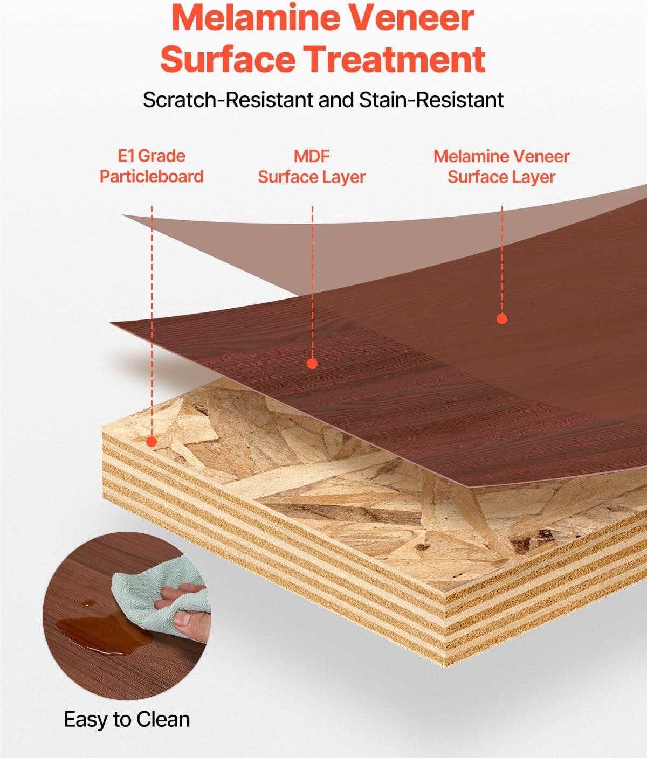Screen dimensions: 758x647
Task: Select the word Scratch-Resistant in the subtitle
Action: coord(228,100)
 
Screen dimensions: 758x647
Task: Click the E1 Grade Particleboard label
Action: coord(152,166)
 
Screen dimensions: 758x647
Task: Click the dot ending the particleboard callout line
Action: coord(152,442)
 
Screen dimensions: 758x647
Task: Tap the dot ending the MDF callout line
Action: coord(312,364)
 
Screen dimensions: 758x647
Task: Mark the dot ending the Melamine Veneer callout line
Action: coord(502,319)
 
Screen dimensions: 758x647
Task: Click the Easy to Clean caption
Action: coord(127,720)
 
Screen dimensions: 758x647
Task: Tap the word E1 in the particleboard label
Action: coord(126,156)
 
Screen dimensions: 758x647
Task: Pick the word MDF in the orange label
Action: coord(312,157)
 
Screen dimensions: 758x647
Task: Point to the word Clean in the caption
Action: coord(163,720)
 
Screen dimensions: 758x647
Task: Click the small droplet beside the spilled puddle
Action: coord(86,603)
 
